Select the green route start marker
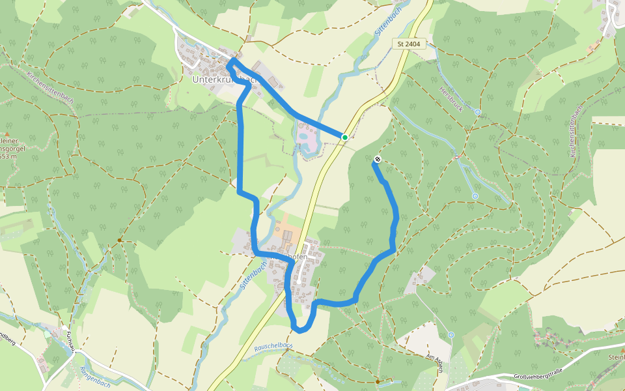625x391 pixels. tap(344, 137)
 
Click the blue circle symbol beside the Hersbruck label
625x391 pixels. tap(478, 112)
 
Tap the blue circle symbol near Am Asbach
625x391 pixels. tap(451, 335)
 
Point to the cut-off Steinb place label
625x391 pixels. tap(616, 357)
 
